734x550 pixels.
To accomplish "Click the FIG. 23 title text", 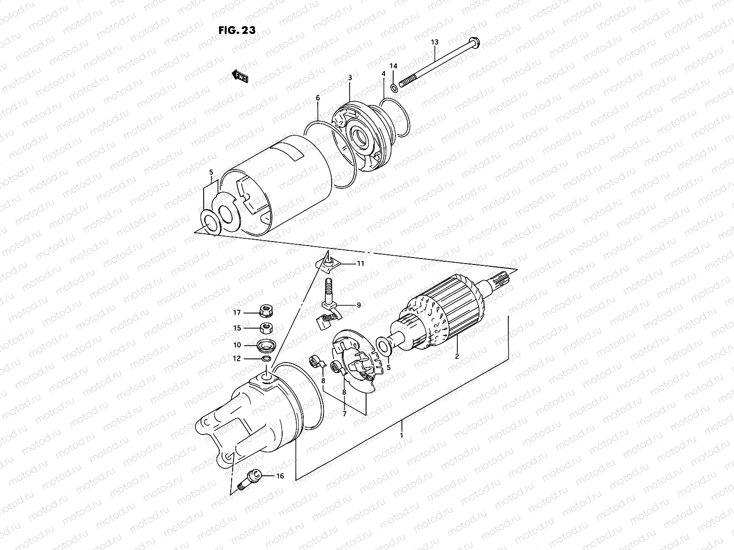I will pos(237,30).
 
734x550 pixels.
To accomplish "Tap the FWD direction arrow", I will pos(240,76).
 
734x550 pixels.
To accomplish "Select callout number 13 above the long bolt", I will pos(434,42).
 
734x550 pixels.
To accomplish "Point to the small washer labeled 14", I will pos(395,87).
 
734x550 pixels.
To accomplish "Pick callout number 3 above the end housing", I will pos(350,78).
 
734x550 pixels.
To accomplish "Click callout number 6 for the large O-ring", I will pos(317,98).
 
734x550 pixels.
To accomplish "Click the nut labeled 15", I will pos(265,328).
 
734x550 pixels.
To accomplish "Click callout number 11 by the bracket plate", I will pos(361,264).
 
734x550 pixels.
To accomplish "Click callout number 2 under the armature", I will pos(457,356).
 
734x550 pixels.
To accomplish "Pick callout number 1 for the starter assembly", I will pos(401,435).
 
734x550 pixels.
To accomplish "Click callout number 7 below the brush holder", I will pos(344,413).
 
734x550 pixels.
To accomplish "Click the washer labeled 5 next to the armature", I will pos(383,345).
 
